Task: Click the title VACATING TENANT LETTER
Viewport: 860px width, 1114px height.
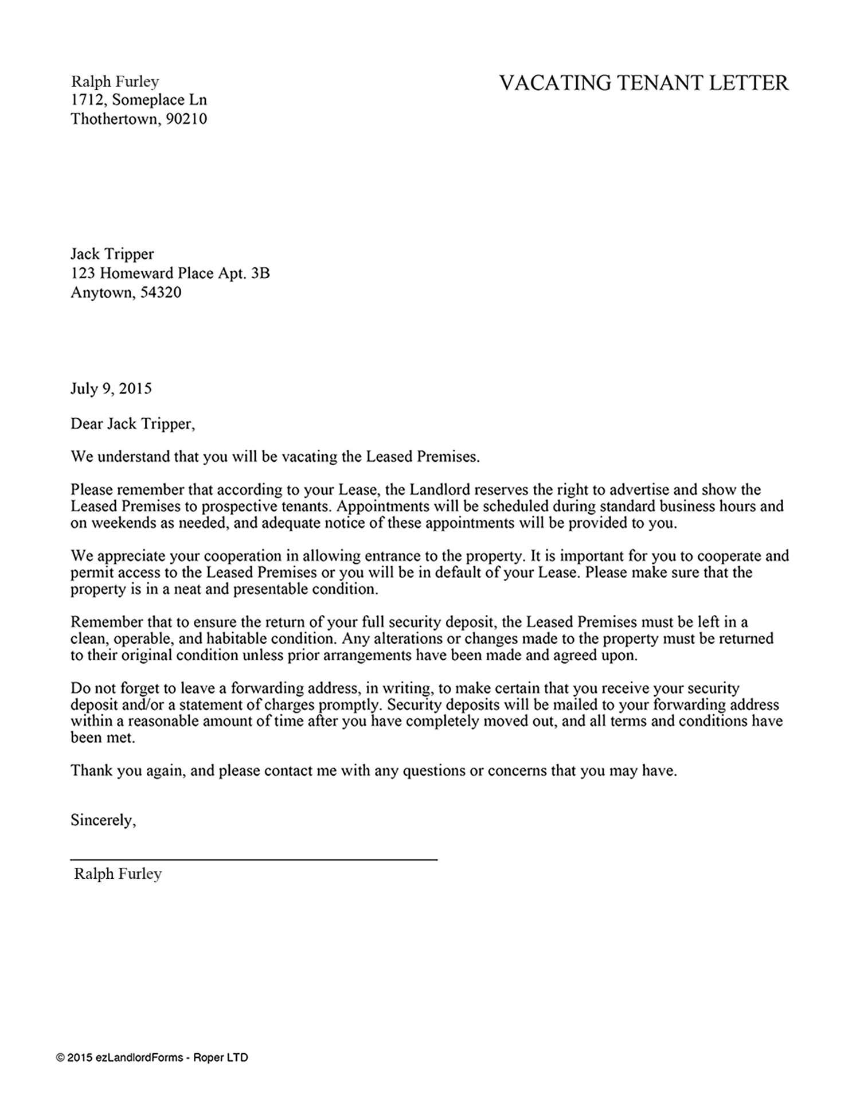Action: tap(643, 84)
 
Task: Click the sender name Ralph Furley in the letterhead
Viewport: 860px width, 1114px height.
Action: tap(115, 81)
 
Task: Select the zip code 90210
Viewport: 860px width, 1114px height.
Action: tap(186, 119)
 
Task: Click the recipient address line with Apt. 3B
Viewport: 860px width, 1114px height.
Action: tap(170, 273)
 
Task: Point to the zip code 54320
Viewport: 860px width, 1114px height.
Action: tap(161, 293)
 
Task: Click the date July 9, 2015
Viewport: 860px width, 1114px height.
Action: tap(111, 389)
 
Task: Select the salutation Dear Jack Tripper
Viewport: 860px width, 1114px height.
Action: tap(132, 424)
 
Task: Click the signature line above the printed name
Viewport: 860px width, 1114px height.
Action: tap(253, 859)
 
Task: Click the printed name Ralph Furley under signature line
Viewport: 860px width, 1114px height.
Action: tap(118, 874)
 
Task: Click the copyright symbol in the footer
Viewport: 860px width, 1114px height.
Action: tap(60, 1058)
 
